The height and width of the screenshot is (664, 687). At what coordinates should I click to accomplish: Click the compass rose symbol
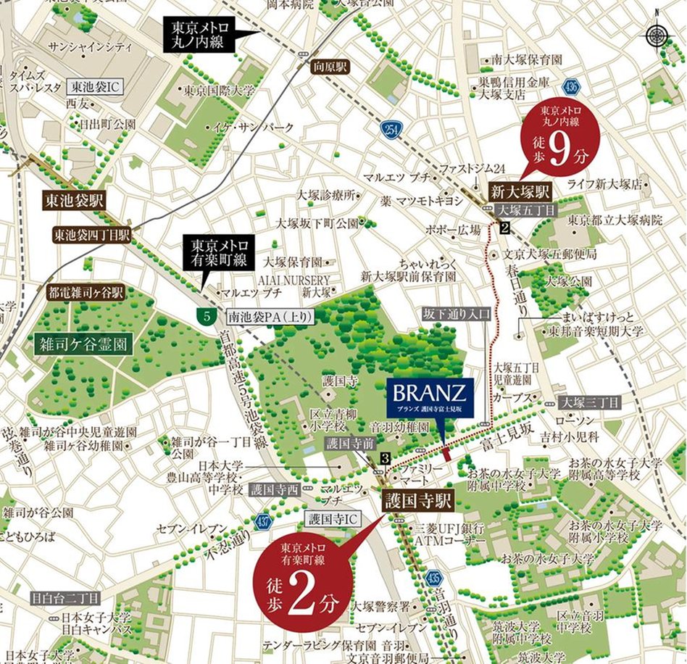[x=657, y=36]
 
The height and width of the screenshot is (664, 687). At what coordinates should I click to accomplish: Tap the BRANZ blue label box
[x=430, y=398]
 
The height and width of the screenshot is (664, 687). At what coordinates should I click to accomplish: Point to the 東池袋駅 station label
[x=75, y=200]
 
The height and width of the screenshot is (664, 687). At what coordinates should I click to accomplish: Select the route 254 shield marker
[x=390, y=130]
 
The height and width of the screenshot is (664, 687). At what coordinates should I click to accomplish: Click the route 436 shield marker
[x=573, y=86]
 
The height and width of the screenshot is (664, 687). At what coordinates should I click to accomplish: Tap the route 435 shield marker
[x=433, y=578]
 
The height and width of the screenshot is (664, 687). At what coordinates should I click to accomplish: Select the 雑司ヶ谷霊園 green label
[x=83, y=344]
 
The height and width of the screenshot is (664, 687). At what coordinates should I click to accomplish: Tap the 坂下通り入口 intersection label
[x=457, y=314]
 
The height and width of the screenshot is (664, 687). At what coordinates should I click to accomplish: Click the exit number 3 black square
[x=385, y=457]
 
